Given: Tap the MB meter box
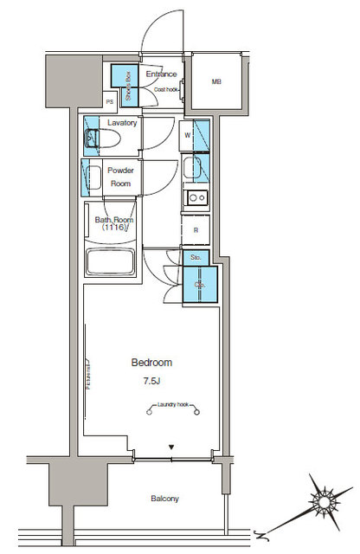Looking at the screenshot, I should (x=215, y=83).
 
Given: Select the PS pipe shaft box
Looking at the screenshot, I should (x=109, y=102).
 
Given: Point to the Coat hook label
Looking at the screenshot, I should (x=166, y=89).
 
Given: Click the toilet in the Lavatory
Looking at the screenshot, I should (x=94, y=137).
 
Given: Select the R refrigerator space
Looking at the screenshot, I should (x=196, y=230).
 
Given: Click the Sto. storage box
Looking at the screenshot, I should (x=196, y=257).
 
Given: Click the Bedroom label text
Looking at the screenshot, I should (x=151, y=362).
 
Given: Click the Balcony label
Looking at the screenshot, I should (x=163, y=499).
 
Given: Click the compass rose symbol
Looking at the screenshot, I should (x=325, y=499).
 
